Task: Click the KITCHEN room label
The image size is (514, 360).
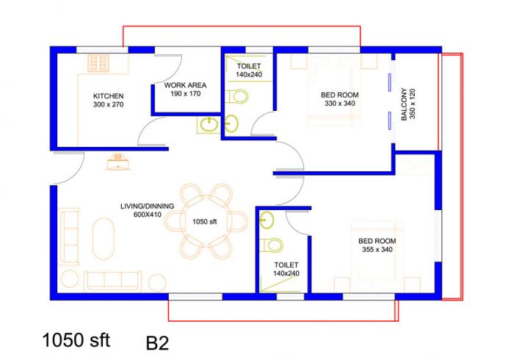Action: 108,96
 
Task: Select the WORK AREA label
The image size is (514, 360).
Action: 185,84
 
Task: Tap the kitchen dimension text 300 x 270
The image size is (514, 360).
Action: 108,105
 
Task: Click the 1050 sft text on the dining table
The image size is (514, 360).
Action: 206,221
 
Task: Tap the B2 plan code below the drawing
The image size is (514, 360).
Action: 158,342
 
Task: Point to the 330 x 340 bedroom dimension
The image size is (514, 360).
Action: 339,104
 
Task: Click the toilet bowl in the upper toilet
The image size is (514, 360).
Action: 238,96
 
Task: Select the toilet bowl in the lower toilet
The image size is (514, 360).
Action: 272,245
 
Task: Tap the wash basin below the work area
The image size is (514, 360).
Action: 208,125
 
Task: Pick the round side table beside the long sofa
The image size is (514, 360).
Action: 157,282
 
